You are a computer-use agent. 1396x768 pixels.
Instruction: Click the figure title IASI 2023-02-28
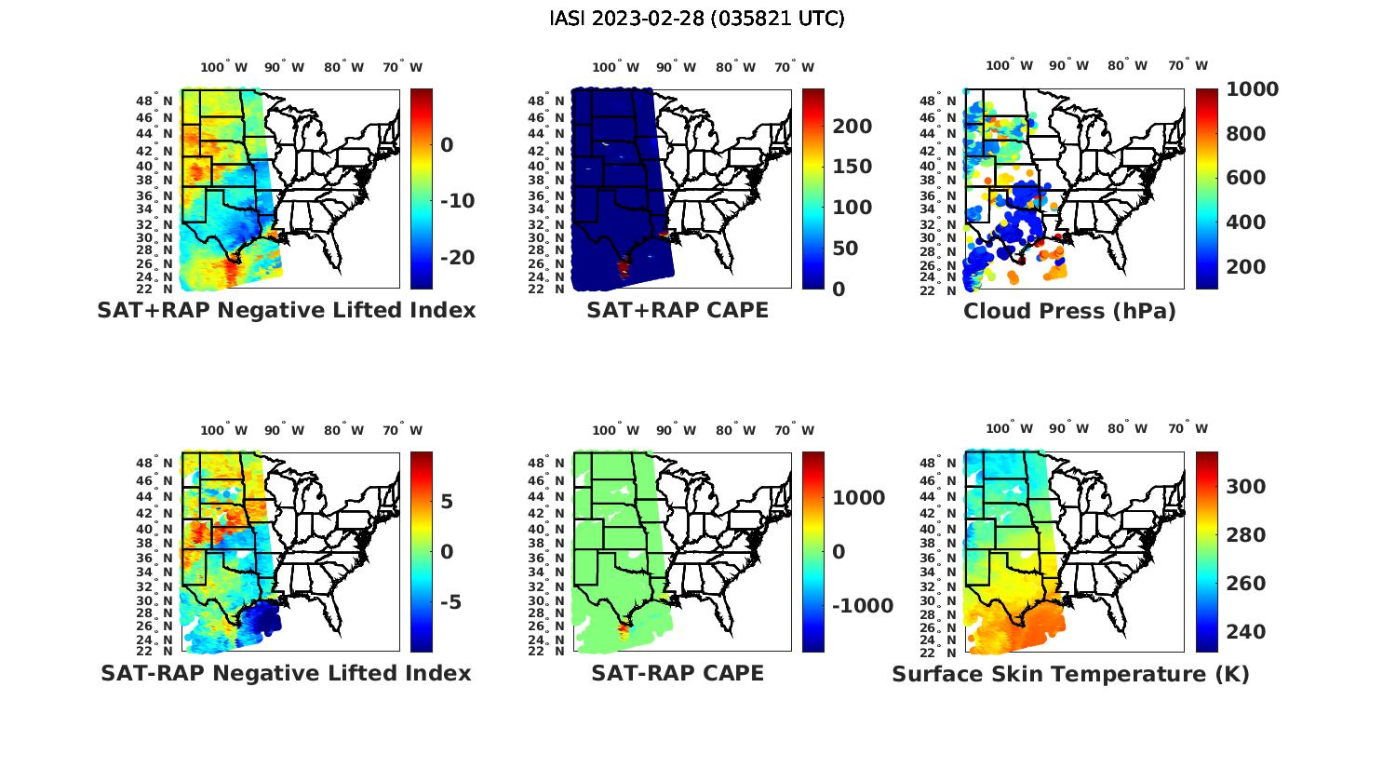tap(697, 19)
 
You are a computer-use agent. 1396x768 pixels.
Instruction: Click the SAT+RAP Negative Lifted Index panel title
tap(286, 311)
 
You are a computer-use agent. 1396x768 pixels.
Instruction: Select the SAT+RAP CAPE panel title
tap(678, 311)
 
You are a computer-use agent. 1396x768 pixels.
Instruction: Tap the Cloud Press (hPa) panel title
tap(1069, 312)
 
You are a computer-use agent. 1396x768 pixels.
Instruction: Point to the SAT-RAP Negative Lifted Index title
tap(286, 673)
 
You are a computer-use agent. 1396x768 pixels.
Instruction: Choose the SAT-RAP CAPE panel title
tap(678, 673)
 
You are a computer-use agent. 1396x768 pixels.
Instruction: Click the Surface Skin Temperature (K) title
tap(1070, 674)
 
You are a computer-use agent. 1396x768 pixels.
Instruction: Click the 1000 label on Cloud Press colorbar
tap(1252, 89)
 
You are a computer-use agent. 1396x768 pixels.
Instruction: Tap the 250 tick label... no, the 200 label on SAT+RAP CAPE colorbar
tap(852, 127)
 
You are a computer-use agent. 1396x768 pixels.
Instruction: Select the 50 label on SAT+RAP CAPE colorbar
tap(845, 249)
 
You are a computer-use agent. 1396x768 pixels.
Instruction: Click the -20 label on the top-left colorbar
tap(457, 258)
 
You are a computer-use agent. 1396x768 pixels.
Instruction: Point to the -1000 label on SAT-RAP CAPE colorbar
tap(862, 606)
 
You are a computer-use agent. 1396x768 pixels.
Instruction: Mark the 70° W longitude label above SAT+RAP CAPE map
tap(795, 67)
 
